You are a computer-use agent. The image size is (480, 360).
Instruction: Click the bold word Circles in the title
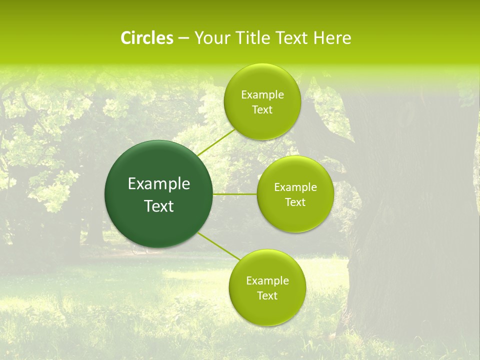pos(146,38)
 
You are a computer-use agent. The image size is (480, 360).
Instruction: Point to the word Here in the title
pos(332,38)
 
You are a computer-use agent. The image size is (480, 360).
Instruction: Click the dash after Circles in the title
pos(183,38)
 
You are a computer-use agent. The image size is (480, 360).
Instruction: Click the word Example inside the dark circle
pos(158,184)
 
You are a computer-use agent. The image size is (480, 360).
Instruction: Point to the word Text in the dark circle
pos(158,206)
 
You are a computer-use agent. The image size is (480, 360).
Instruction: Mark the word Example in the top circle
pos(262,94)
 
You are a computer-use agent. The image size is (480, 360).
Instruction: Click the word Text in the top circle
pos(262,109)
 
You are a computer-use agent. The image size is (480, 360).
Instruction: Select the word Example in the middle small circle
pos(295,187)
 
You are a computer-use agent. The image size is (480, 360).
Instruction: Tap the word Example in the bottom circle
pos(267,280)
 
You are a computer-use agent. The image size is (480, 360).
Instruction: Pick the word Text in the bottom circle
pos(267,295)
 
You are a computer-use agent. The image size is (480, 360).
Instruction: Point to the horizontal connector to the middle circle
pos(235,194)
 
